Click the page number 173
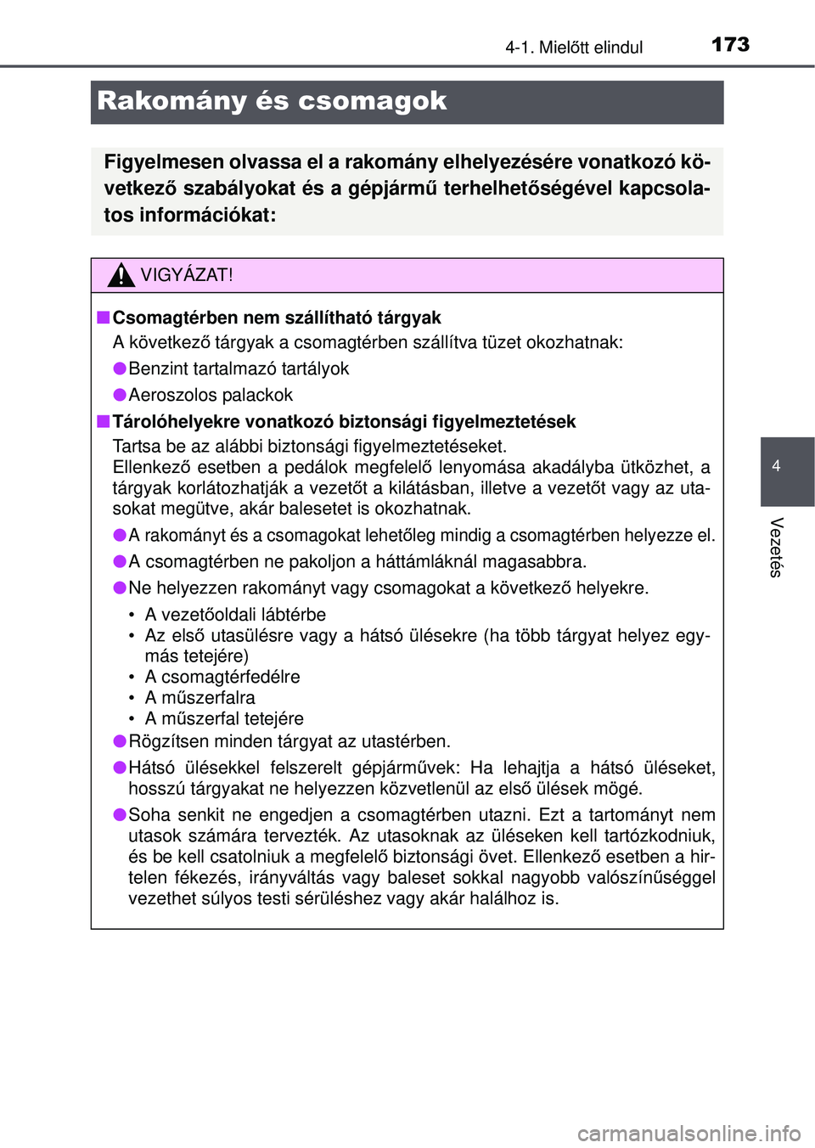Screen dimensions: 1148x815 pos(730,44)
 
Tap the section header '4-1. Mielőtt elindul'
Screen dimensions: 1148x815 pos(574,48)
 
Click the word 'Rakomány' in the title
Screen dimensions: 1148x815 pos(171,101)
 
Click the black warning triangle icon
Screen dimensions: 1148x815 pos(121,275)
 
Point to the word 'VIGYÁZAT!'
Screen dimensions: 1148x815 pos(187,275)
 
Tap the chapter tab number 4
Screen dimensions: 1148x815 pos(776,465)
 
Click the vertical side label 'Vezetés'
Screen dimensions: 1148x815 pos(776,547)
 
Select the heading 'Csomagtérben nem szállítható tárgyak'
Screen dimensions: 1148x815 pos(277,318)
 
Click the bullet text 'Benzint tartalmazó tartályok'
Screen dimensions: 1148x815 pos(239,369)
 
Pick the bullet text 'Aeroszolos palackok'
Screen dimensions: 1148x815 pos(211,395)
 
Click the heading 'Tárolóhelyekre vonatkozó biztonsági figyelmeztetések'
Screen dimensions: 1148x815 pos(344,421)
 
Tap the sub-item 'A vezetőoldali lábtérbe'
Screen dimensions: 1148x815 pos(235,614)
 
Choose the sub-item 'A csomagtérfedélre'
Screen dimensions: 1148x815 pos(222,677)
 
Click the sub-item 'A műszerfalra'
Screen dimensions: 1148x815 pos(200,697)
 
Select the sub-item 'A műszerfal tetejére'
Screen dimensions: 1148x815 pos(224,718)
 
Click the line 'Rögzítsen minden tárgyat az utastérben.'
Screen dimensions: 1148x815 pos(289,741)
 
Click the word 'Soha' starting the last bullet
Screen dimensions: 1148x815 pos(149,815)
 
